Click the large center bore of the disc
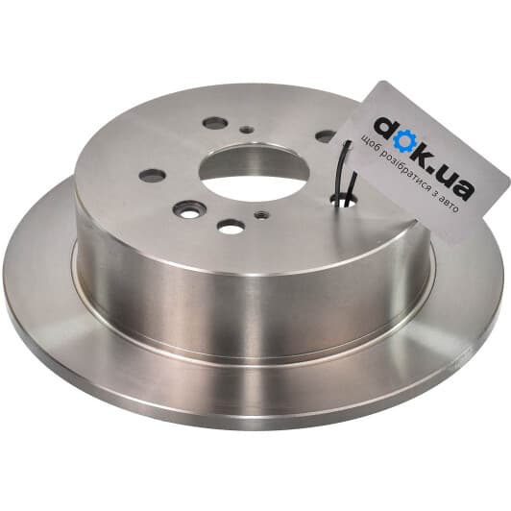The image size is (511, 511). [254, 172]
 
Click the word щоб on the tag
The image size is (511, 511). [369, 144]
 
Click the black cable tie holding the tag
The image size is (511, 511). [346, 173]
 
